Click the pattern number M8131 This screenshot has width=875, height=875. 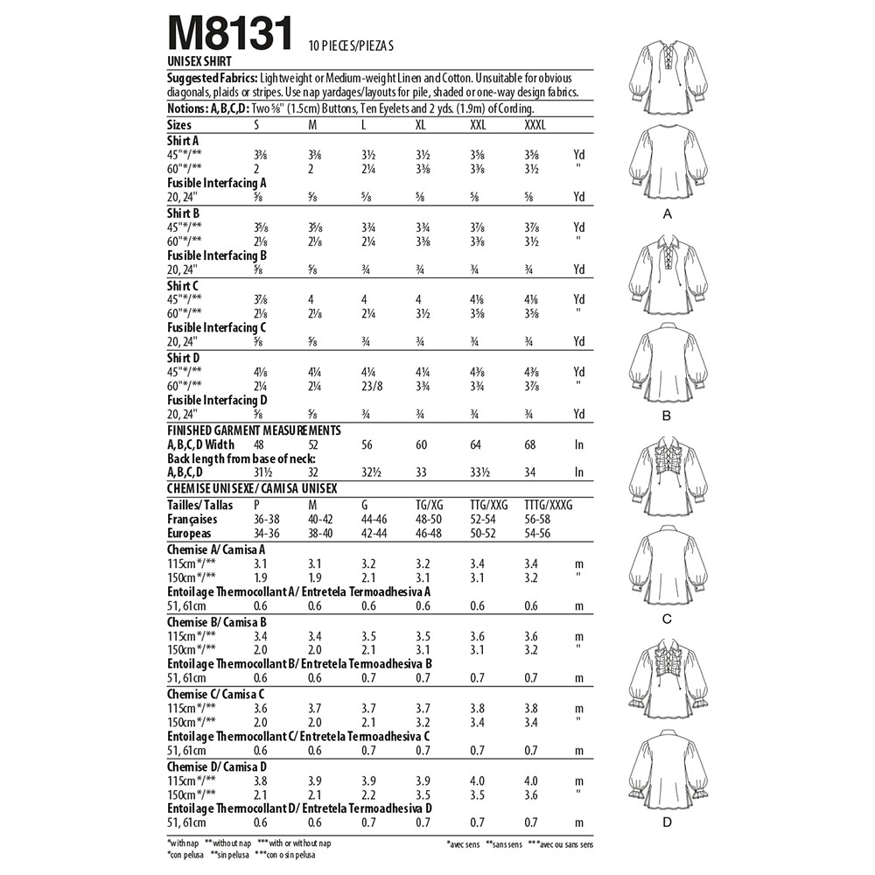[230, 36]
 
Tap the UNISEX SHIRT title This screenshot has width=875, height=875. [200, 62]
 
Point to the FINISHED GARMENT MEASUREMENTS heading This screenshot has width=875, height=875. [254, 430]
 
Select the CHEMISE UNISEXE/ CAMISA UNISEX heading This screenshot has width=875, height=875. [252, 488]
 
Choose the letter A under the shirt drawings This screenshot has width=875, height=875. [668, 213]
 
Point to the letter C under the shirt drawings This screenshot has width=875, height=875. [668, 619]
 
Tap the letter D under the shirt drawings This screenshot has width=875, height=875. [668, 823]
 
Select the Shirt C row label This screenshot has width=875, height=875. [184, 283]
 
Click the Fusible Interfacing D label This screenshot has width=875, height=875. [217, 400]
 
